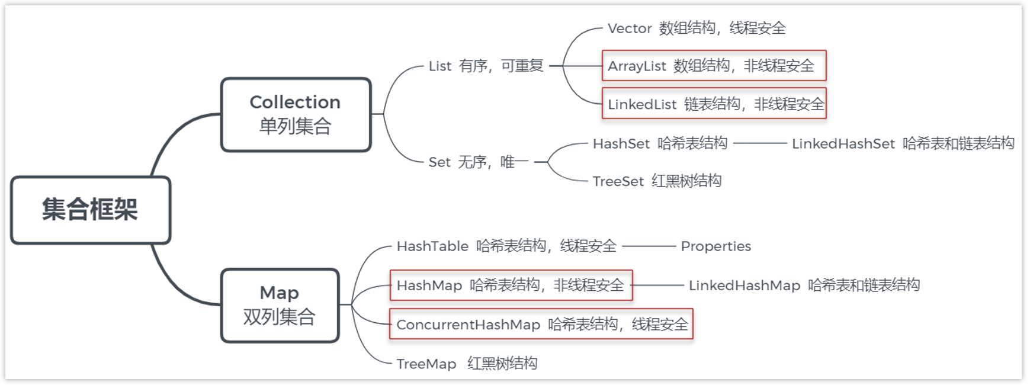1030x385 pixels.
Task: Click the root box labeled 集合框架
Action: (91, 210)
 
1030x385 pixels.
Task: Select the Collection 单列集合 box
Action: (296, 114)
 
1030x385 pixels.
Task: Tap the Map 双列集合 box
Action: (280, 305)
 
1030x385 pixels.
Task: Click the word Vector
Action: (630, 28)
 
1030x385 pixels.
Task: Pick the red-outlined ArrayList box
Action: (714, 66)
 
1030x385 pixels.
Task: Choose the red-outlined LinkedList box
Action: (714, 104)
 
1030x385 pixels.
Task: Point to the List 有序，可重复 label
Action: (486, 66)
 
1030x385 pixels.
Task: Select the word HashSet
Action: (621, 143)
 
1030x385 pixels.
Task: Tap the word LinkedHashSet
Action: (843, 143)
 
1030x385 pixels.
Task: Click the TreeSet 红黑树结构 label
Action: (657, 181)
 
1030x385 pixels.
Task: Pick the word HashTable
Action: (432, 246)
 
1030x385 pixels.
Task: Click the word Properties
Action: (715, 246)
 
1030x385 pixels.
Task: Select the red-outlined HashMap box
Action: (511, 285)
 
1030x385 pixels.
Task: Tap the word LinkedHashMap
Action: (744, 285)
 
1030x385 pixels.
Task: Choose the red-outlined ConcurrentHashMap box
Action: (541, 324)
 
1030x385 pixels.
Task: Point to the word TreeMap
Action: (426, 364)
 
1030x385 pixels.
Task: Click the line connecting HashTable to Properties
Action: (649, 246)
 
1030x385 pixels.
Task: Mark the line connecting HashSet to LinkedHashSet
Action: (759, 143)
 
